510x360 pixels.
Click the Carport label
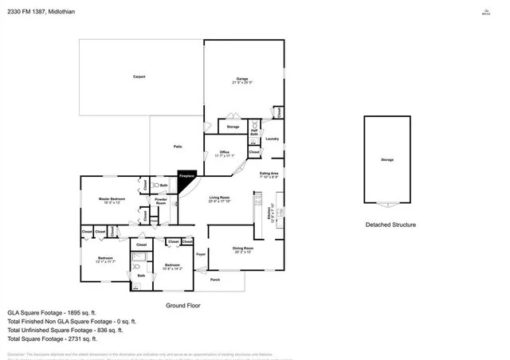click(139, 77)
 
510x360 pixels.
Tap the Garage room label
click(242, 80)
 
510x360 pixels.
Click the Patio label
click(178, 147)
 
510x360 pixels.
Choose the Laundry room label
click(273, 139)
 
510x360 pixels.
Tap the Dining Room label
click(242, 250)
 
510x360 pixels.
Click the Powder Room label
click(161, 202)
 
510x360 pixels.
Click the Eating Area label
click(269, 174)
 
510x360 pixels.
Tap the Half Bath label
click(255, 132)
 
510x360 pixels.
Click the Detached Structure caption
click(390, 225)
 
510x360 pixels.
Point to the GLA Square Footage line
click(52, 313)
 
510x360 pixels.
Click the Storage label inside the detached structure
click(386, 160)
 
